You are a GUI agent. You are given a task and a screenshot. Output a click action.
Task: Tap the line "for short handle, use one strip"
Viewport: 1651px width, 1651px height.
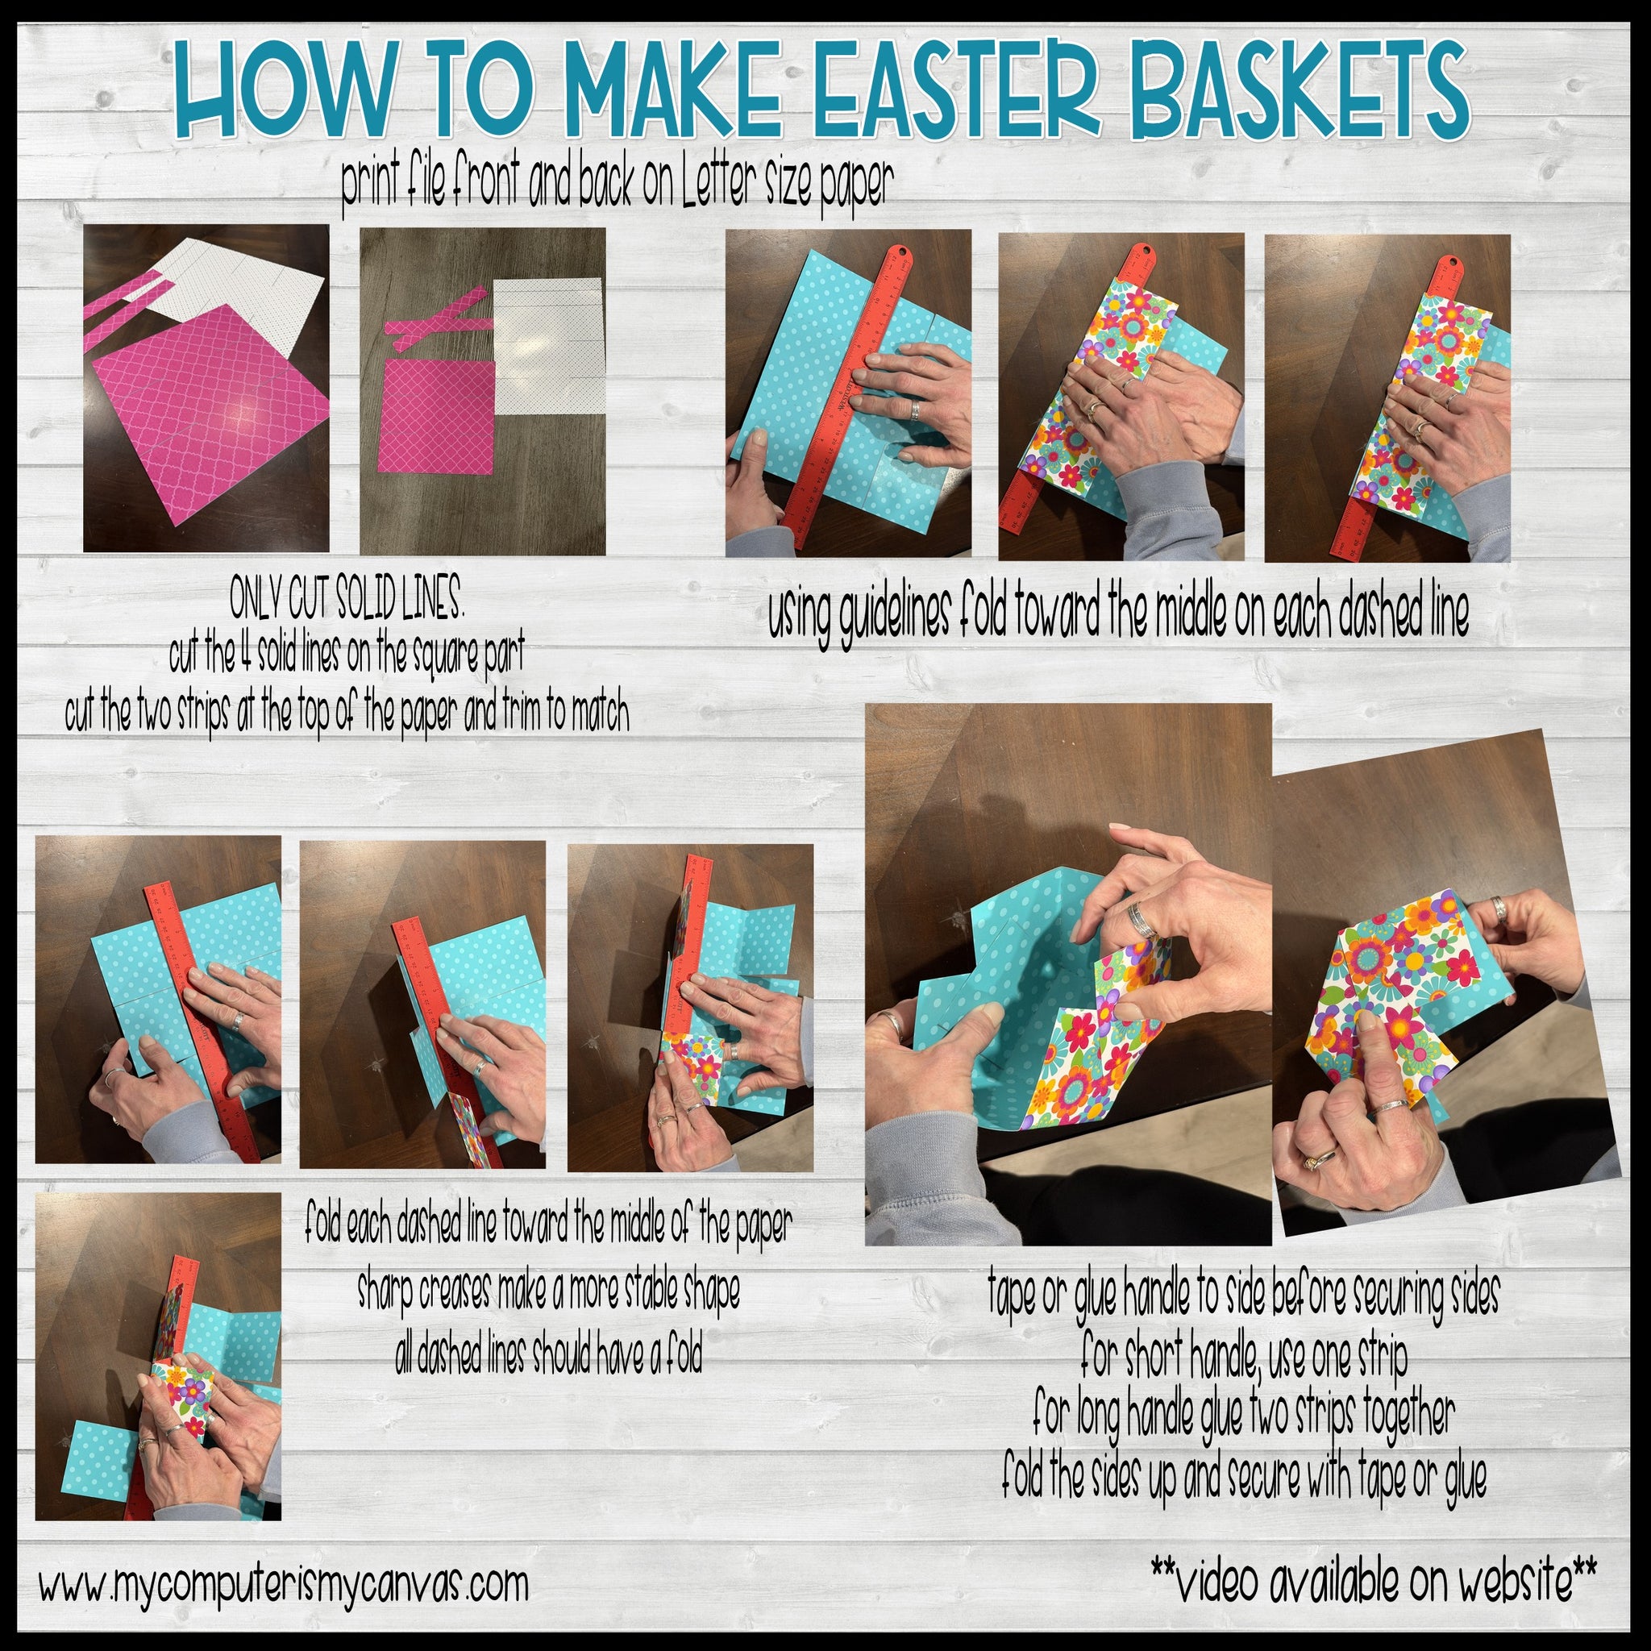(1243, 1356)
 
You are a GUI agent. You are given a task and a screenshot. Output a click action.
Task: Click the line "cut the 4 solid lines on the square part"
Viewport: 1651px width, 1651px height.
(346, 655)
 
